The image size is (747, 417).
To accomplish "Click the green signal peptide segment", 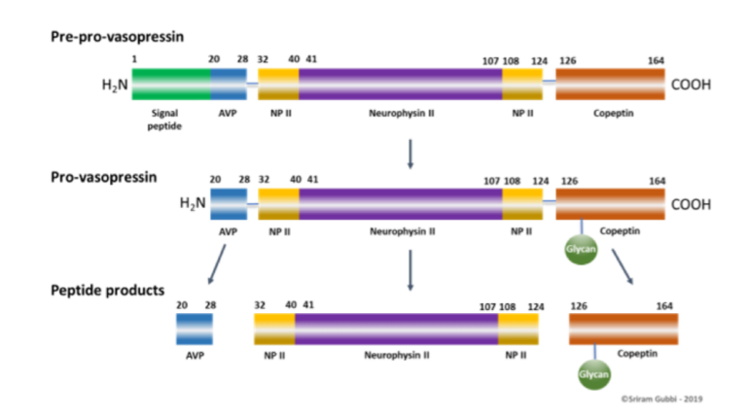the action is tap(171, 85).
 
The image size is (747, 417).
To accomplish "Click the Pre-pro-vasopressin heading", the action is tap(117, 37).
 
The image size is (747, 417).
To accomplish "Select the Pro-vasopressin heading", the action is tap(104, 177).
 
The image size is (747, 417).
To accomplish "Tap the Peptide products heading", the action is tap(108, 291).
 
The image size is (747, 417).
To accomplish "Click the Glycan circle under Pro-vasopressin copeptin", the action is tap(581, 249).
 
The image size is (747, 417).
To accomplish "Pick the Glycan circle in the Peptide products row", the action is tap(593, 374).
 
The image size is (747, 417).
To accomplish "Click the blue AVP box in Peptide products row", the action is tap(195, 329).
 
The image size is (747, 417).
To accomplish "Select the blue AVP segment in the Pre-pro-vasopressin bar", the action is tap(229, 85).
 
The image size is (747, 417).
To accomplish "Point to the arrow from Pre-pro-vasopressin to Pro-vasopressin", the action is tap(410, 154).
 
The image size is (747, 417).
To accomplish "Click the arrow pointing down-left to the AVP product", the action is tap(217, 264).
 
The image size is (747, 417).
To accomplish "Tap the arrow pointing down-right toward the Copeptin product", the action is tap(622, 266).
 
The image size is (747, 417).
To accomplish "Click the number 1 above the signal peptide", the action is tap(134, 59).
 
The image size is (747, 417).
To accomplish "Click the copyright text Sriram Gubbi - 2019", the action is tap(661, 399).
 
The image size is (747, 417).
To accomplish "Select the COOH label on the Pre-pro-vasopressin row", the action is tap(691, 85).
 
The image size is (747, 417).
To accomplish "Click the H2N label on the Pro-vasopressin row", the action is tap(193, 204).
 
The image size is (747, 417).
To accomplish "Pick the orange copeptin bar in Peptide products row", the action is tap(623, 329).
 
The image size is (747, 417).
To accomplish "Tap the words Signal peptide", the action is tap(164, 120).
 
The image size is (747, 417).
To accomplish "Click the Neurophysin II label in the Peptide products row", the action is tap(397, 355).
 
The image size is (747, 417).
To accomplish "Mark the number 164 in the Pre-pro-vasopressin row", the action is tap(656, 60).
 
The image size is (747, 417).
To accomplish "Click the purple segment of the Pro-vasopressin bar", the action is tap(401, 204).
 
